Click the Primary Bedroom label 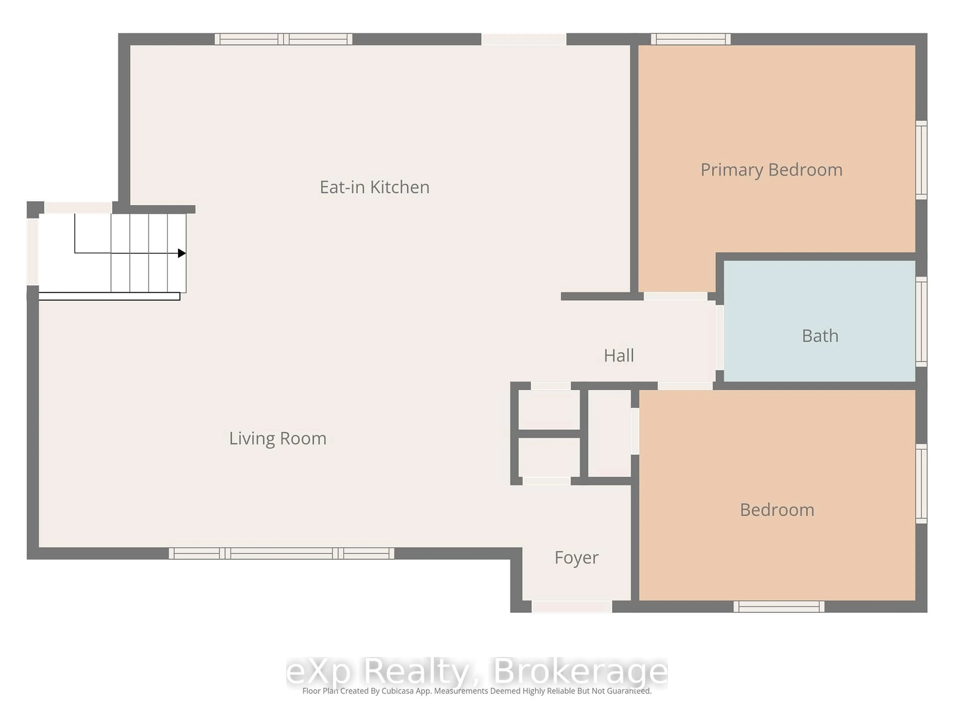771,170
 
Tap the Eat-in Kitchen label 374,187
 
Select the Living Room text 277,438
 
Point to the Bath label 820,336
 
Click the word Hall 618,356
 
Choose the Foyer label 576,557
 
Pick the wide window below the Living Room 281,553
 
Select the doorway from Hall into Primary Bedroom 676,296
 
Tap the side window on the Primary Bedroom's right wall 921,160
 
